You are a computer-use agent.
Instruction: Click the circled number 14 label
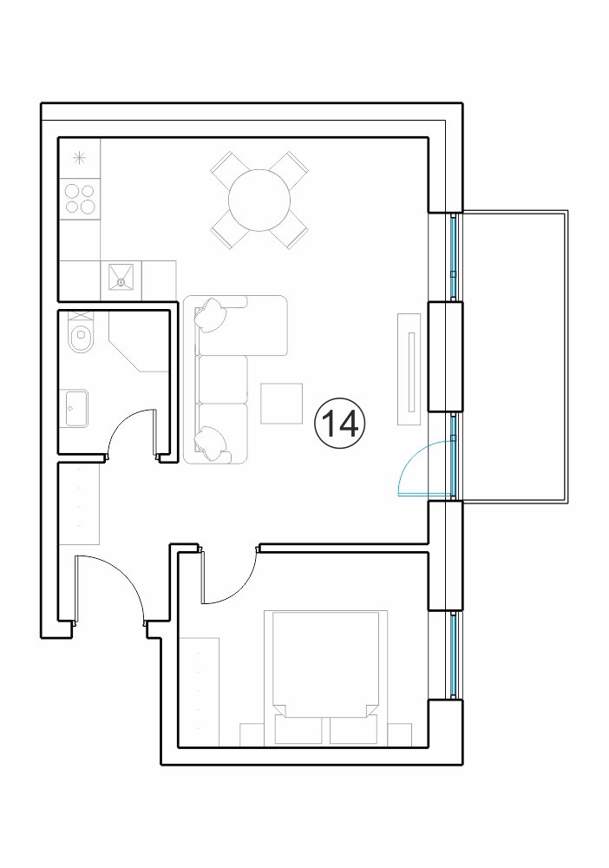[340, 424]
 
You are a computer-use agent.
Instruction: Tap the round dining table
[259, 201]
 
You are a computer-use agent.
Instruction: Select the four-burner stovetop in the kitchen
[80, 200]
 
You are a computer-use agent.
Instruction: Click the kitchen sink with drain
[121, 281]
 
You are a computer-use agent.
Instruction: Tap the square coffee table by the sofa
[282, 404]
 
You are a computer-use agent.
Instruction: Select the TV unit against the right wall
[409, 369]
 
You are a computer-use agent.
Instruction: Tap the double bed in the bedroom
[326, 678]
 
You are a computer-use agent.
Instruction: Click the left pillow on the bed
[298, 730]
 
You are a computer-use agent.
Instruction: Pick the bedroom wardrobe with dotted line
[200, 692]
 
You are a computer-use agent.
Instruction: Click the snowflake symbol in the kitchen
[80, 158]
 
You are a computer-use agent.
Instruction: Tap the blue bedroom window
[454, 655]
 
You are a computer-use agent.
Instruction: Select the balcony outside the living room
[515, 357]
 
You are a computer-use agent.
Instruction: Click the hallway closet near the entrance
[80, 503]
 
